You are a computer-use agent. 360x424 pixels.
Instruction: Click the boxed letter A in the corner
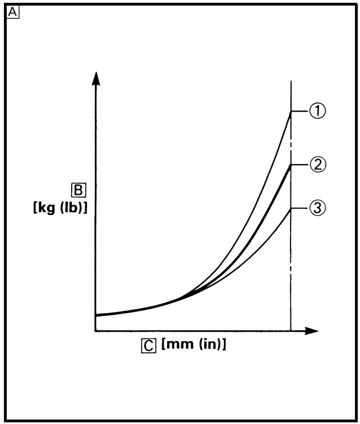[x=13, y=12]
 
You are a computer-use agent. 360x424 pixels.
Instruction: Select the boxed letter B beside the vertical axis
[x=79, y=190]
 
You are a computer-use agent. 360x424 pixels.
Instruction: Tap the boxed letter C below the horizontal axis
[x=149, y=346]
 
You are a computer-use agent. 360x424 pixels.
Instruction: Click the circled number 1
[x=317, y=111]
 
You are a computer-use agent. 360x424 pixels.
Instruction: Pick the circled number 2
[x=318, y=165]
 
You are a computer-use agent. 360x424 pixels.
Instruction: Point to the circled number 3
[x=318, y=208]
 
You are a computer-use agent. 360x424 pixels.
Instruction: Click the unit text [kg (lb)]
[x=60, y=208]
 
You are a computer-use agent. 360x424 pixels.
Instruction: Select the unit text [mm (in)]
[x=193, y=344]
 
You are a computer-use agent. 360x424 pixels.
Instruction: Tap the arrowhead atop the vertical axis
[x=95, y=78]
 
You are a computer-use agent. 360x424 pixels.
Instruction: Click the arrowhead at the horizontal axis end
[x=311, y=330]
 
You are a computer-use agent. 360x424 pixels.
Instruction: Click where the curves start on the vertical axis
[x=96, y=315]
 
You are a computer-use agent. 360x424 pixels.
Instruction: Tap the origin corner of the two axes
[x=96, y=330]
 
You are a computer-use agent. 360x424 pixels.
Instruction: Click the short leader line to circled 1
[x=300, y=111]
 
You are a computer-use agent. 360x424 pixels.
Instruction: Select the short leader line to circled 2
[x=300, y=165]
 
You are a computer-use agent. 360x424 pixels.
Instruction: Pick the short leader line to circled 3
[x=300, y=208]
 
